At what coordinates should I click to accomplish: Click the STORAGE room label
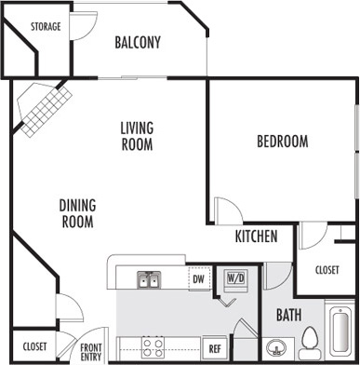pos(46,27)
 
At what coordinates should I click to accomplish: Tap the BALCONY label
pos(138,43)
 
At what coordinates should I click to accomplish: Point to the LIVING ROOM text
pos(137,136)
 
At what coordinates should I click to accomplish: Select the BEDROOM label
pos(283,142)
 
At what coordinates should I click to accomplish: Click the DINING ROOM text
pos(77,213)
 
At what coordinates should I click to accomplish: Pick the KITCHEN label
pos(256,237)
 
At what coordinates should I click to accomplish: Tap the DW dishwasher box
pos(199,278)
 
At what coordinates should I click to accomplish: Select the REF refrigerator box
pos(214,348)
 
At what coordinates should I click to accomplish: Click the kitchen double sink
pos(149,280)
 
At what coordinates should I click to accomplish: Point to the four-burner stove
pos(153,347)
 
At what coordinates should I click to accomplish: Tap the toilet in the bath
pos(310,344)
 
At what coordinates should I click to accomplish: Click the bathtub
pos(340,331)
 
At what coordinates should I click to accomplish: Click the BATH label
pos(288,316)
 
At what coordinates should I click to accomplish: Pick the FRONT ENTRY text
pos(91,352)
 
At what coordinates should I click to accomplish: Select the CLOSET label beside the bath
pos(327,270)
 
